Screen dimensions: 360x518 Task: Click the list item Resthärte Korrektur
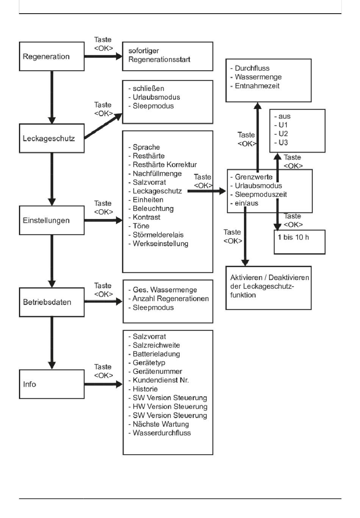pos(164,165)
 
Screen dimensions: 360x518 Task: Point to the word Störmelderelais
pos(158,235)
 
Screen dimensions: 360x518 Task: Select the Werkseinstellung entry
pos(160,244)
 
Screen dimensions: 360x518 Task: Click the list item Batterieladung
pos(156,354)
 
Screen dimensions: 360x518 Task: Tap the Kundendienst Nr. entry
pos(161,380)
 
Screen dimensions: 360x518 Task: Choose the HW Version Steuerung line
pos(170,407)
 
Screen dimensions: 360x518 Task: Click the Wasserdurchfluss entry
pos(161,433)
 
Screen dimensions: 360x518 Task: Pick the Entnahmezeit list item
pos(257,86)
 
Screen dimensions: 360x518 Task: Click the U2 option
pos(283,134)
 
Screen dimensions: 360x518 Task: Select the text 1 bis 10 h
pos(293,237)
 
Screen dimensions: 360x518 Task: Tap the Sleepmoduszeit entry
pos(261,194)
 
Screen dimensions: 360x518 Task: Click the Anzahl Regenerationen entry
pos(171,299)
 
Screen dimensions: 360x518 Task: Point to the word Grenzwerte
pos(254,177)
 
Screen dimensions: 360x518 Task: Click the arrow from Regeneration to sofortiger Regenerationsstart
pos(103,56)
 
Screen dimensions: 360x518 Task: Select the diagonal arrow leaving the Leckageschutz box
pos(103,126)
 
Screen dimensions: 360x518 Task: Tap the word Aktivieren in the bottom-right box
pos(246,277)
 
